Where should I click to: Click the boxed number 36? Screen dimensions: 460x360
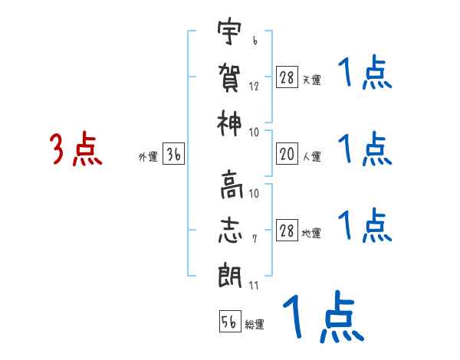[x=174, y=155]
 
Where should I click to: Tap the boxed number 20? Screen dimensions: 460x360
[x=287, y=154]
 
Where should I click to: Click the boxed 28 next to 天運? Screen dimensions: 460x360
[x=287, y=77]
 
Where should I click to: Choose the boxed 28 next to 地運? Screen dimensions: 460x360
[x=287, y=231]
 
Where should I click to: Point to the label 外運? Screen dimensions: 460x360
[x=147, y=157]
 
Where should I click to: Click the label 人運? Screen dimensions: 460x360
[x=311, y=157]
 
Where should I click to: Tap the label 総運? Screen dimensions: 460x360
[x=255, y=325]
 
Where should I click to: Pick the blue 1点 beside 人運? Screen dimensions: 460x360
[x=364, y=149]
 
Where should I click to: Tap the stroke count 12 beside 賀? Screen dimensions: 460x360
[x=254, y=86]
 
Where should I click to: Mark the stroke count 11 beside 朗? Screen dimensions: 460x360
[x=254, y=286]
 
